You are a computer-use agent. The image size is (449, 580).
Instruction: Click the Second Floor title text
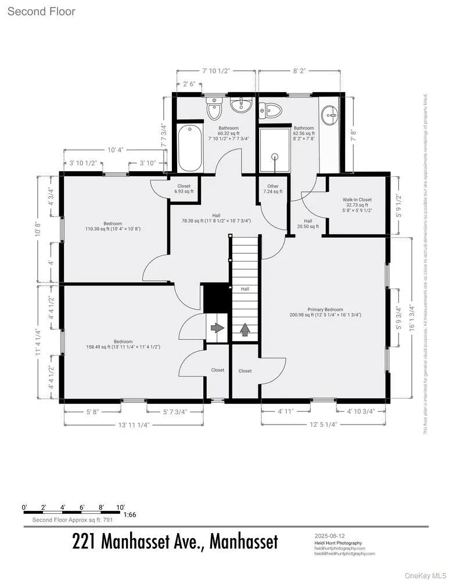(41, 12)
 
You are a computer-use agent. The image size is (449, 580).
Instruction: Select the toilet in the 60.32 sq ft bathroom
(214, 108)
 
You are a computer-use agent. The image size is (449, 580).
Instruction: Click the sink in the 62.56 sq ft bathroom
(332, 116)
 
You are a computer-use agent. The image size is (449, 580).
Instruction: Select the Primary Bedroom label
(325, 312)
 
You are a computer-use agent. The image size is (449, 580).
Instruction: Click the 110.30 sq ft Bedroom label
(113, 226)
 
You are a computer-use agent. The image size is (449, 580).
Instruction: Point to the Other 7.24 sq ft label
(272, 189)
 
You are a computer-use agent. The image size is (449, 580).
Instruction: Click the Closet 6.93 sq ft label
(184, 189)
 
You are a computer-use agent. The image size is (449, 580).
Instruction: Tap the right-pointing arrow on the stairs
(217, 328)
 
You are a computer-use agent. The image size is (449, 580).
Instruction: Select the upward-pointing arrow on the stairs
(245, 329)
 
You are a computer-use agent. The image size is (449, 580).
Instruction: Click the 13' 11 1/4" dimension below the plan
(134, 425)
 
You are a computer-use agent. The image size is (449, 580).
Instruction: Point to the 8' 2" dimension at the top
(299, 70)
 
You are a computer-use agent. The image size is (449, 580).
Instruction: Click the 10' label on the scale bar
(120, 507)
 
